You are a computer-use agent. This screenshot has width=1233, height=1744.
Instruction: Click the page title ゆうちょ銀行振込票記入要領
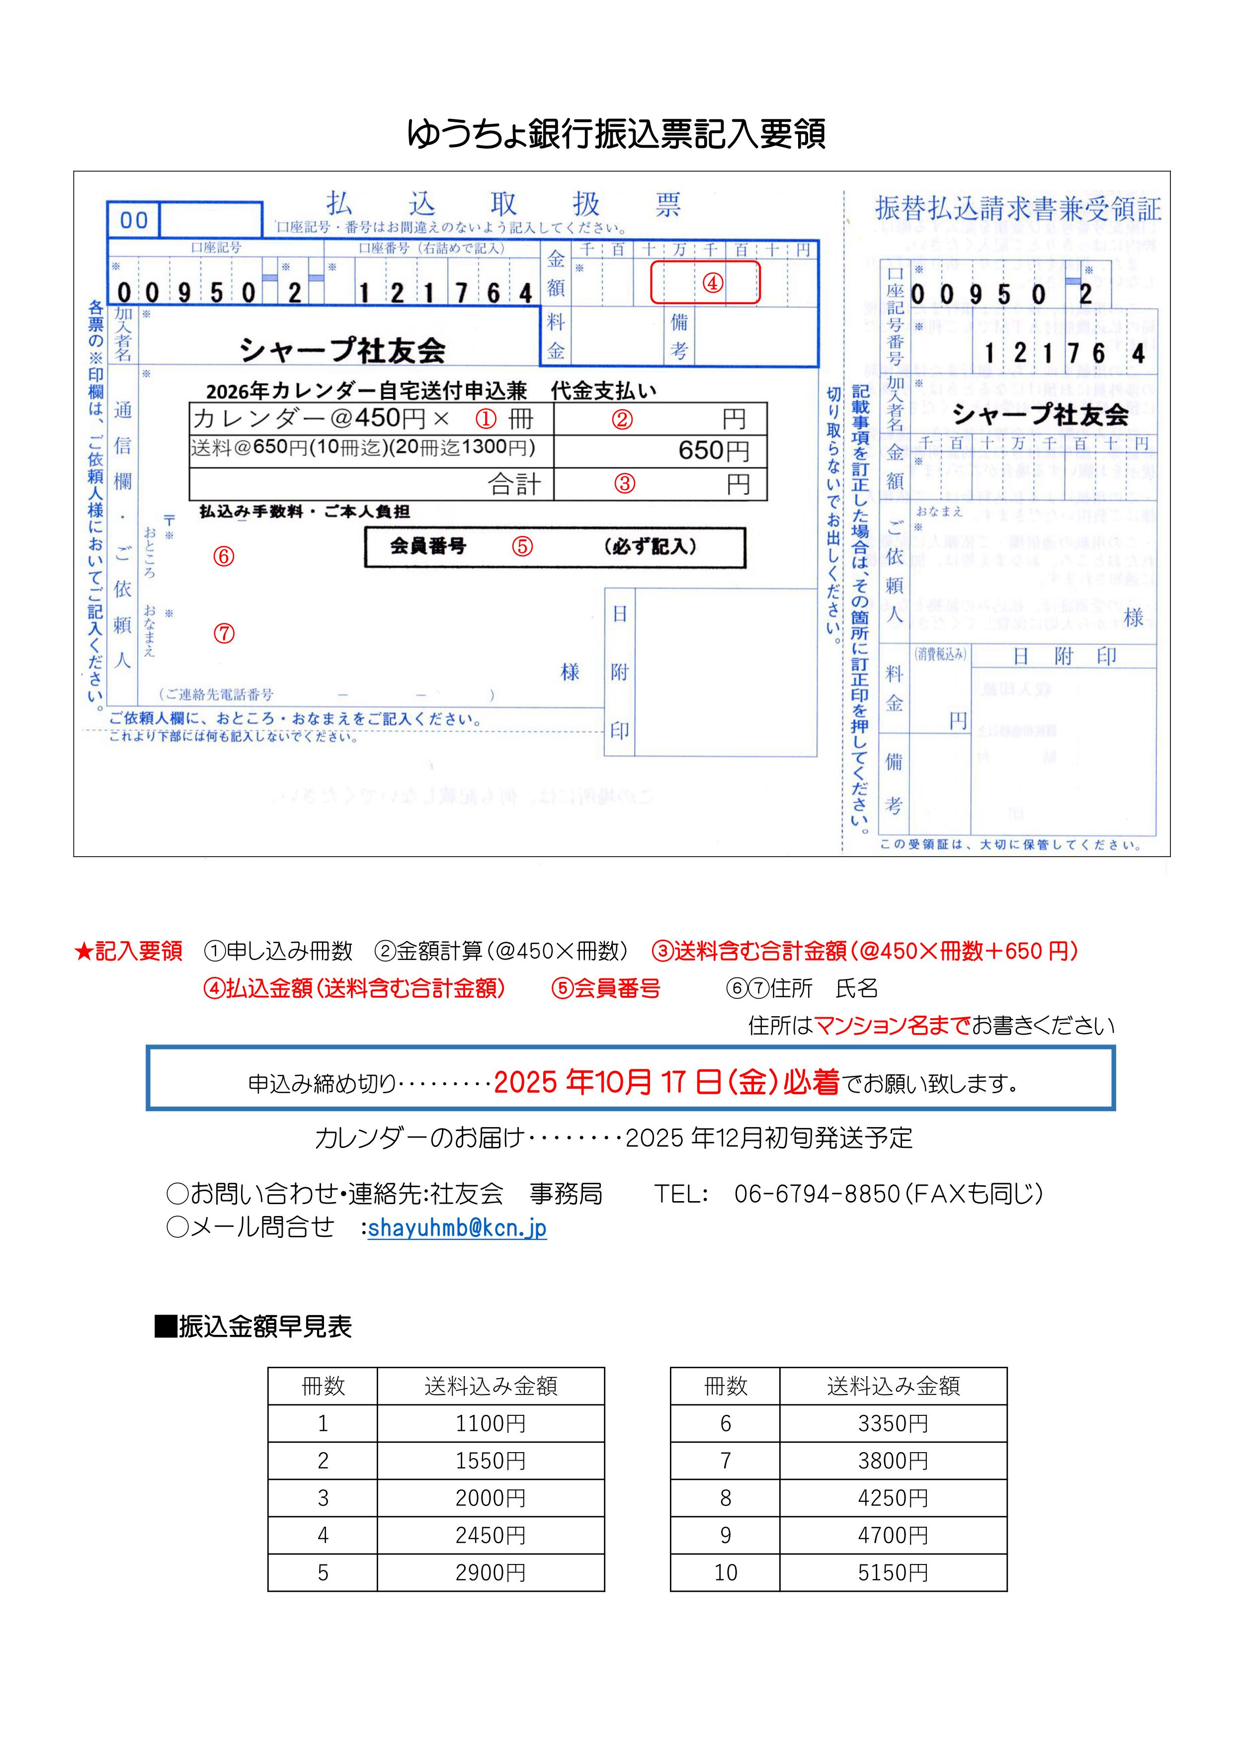coord(616,134)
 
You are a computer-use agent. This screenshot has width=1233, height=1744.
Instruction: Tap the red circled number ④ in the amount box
coord(712,283)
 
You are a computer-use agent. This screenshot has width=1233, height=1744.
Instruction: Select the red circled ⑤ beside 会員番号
coord(522,547)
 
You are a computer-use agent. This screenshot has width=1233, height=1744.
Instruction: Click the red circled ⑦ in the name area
coord(224,633)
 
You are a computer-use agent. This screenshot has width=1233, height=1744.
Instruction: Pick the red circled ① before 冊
coord(486,419)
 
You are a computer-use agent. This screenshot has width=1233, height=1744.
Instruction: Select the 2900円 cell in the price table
coord(491,1572)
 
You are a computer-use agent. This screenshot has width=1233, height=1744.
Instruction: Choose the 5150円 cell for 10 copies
coord(893,1572)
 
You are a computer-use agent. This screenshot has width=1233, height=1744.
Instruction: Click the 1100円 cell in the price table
coord(491,1423)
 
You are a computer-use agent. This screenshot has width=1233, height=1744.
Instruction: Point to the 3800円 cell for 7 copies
coord(893,1461)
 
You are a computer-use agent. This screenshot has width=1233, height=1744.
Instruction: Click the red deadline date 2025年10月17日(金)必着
coord(666,1082)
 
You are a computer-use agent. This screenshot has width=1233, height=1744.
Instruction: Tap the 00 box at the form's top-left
coord(134,220)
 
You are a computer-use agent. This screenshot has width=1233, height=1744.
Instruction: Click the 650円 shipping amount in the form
coord(713,450)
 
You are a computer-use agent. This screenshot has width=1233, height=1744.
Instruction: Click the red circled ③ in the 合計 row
coord(624,484)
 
